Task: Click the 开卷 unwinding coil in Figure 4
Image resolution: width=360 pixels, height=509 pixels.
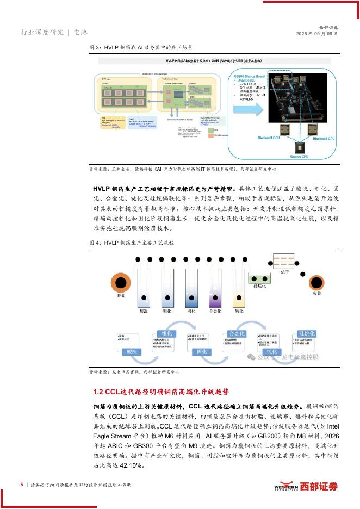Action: point(120,283)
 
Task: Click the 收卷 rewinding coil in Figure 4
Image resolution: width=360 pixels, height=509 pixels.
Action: point(317,283)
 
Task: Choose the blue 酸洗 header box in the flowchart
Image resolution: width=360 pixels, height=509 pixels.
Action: point(131,351)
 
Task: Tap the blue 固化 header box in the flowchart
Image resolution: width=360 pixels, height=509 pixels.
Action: point(201,351)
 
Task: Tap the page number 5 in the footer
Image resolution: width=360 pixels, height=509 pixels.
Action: point(22,484)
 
